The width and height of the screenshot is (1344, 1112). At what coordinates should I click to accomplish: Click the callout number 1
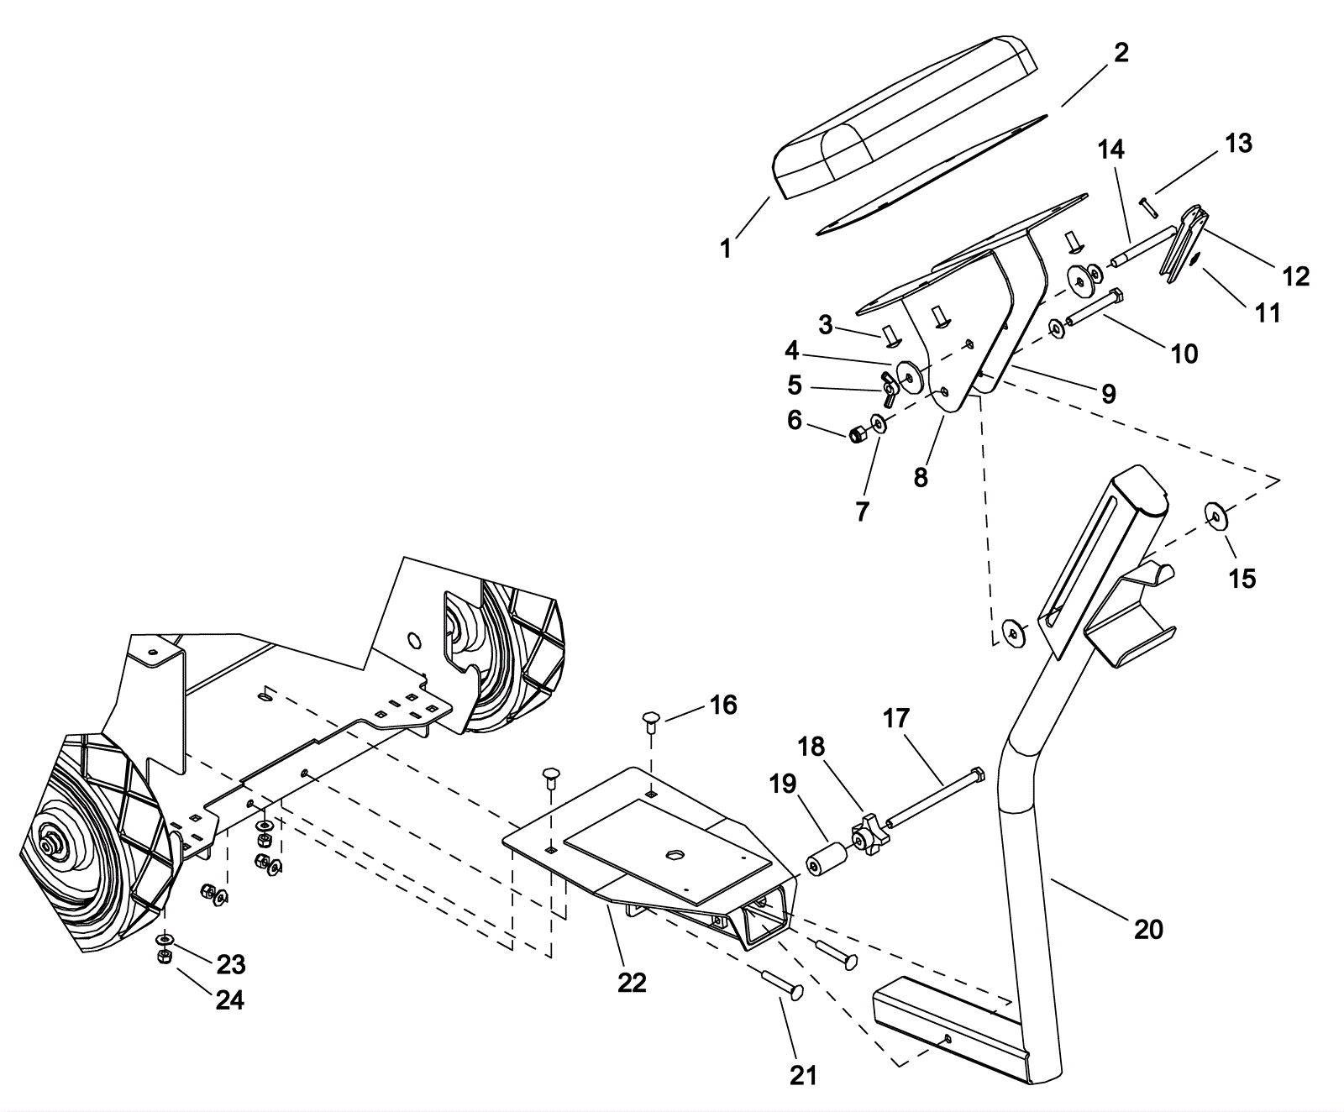click(726, 249)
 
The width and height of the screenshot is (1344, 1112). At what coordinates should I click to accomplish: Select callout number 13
click(1238, 144)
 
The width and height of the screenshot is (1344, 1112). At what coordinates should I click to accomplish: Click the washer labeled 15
click(1215, 515)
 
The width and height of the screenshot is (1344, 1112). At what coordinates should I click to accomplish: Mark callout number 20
click(1148, 929)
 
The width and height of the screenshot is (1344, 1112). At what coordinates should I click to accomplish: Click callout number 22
click(632, 982)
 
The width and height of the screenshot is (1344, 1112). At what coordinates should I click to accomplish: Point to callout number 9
click(1108, 392)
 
